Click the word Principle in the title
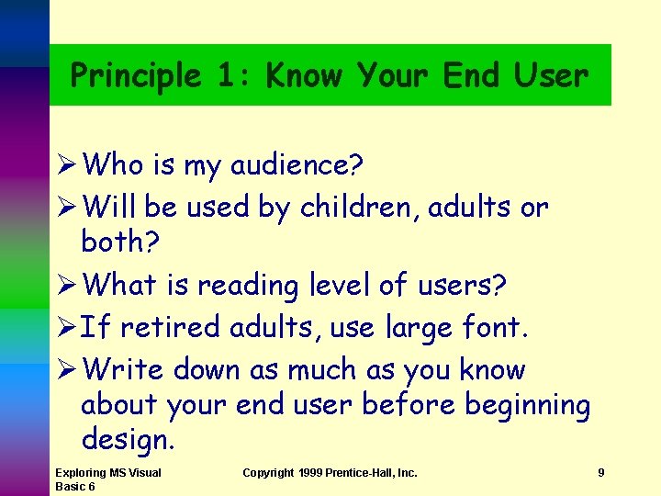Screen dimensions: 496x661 pyautogui.click(x=135, y=76)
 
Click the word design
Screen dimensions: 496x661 pyautogui.click(x=127, y=441)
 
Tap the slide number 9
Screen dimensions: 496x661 pyautogui.click(x=600, y=473)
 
